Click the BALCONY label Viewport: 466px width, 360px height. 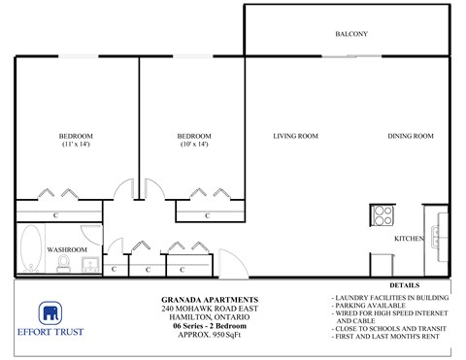350,34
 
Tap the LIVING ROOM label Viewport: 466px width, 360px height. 296,136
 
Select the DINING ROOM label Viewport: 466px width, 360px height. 410,136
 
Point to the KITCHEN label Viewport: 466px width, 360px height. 408,238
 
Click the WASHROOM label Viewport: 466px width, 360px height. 67,249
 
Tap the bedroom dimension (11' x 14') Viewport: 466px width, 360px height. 76,145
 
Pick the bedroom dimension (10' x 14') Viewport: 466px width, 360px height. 194,145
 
